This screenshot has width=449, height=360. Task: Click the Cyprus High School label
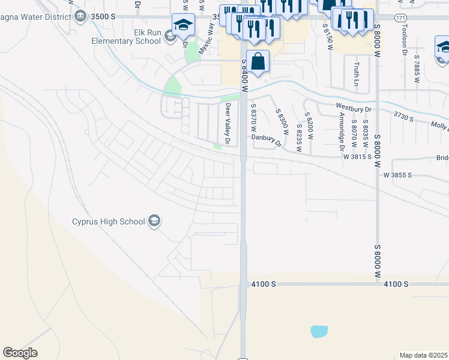tap(108, 221)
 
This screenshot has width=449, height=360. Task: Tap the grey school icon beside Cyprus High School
tap(155, 221)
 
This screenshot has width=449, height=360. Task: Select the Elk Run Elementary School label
tap(125, 37)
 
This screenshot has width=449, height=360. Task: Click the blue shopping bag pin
tap(258, 62)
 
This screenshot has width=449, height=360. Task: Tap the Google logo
tap(20, 353)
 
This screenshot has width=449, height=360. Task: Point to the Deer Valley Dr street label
tap(228, 124)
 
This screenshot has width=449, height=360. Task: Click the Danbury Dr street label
tap(266, 139)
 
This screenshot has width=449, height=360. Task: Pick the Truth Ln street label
tap(357, 73)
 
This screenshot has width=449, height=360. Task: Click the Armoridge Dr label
tap(341, 130)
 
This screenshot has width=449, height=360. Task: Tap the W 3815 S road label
tap(361, 156)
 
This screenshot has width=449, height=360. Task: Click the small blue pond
tap(319, 331)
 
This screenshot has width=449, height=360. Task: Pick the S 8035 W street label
tap(365, 137)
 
